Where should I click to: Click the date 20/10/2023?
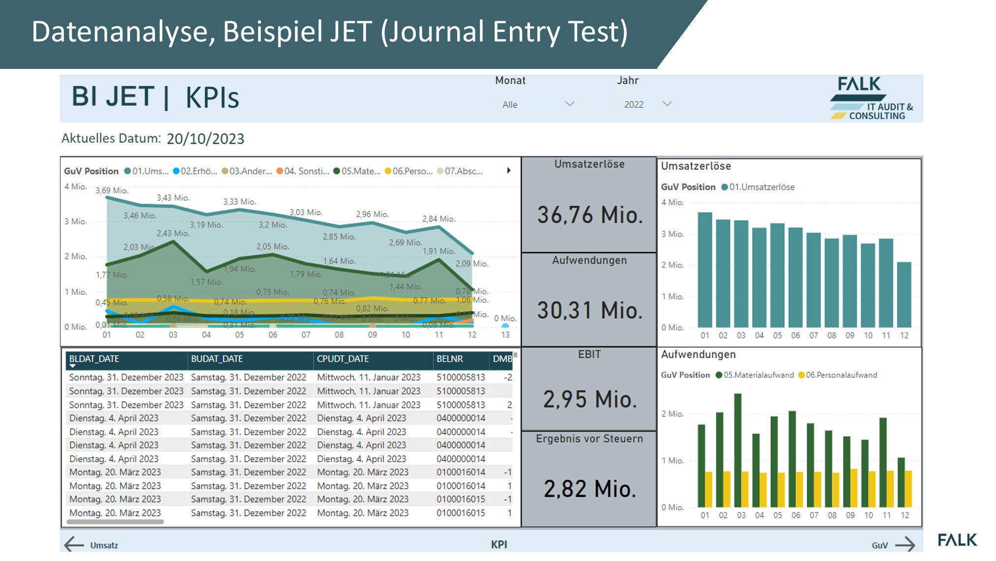point(205,139)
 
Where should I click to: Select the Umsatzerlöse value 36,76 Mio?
point(589,216)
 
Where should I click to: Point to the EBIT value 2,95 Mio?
point(589,400)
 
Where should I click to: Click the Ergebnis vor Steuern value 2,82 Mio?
point(589,489)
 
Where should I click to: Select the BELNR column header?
point(449,359)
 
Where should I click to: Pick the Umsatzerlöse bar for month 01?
point(705,271)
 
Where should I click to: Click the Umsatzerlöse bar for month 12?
point(904,295)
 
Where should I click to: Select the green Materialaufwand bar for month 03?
point(737,450)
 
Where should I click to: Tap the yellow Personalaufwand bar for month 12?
point(908,489)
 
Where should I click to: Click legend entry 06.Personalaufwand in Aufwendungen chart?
point(841,375)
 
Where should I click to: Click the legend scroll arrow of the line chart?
point(509,171)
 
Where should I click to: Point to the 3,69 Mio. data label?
point(112,190)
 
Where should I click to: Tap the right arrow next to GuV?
point(905,544)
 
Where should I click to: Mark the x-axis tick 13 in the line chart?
point(505,335)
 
